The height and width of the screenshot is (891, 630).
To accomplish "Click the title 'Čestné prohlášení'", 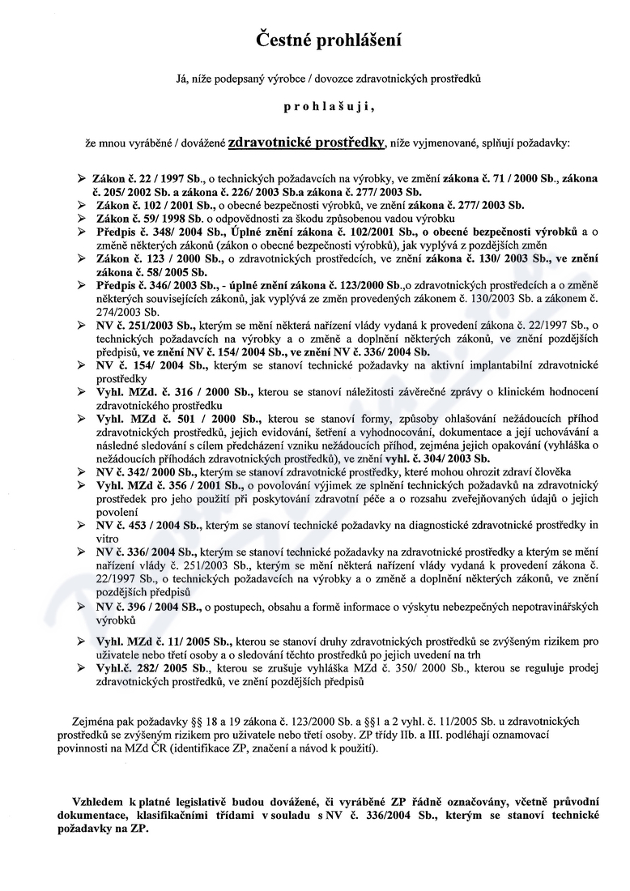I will (317, 38).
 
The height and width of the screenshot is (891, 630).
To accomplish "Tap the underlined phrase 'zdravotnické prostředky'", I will (305, 143).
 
